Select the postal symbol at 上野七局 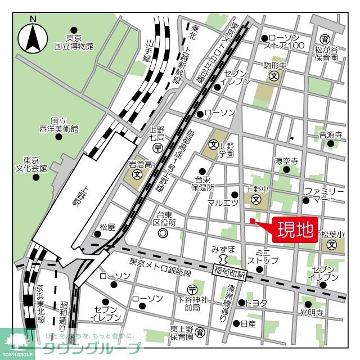point(159,147)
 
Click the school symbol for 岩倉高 point(137,175)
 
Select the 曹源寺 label point(331,135)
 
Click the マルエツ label point(223,203)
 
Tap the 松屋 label point(107,227)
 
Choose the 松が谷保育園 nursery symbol point(325,39)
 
